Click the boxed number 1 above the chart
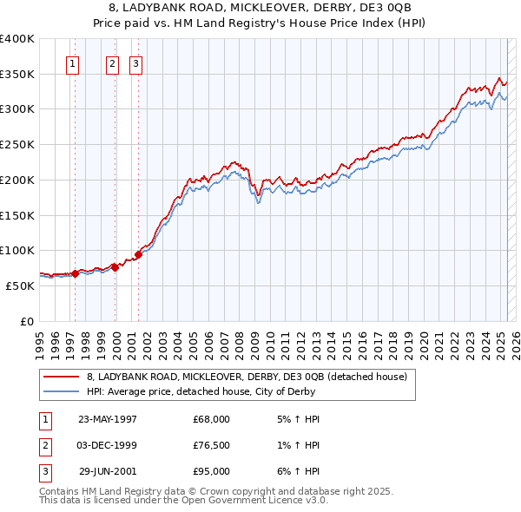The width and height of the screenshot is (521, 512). (72, 62)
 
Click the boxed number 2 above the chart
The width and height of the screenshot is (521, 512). (113, 62)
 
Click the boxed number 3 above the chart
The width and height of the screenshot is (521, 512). (136, 62)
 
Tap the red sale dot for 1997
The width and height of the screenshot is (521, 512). (76, 273)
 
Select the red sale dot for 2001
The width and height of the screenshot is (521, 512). (139, 254)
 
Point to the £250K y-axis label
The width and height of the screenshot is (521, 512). (17, 145)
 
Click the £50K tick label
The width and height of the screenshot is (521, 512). (21, 286)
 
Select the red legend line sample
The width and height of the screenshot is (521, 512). (61, 377)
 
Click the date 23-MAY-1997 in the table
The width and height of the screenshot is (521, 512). (108, 418)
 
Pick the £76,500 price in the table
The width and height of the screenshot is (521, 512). (212, 445)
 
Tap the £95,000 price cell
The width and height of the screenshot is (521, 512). (212, 471)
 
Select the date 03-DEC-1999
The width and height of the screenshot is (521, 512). (108, 445)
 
